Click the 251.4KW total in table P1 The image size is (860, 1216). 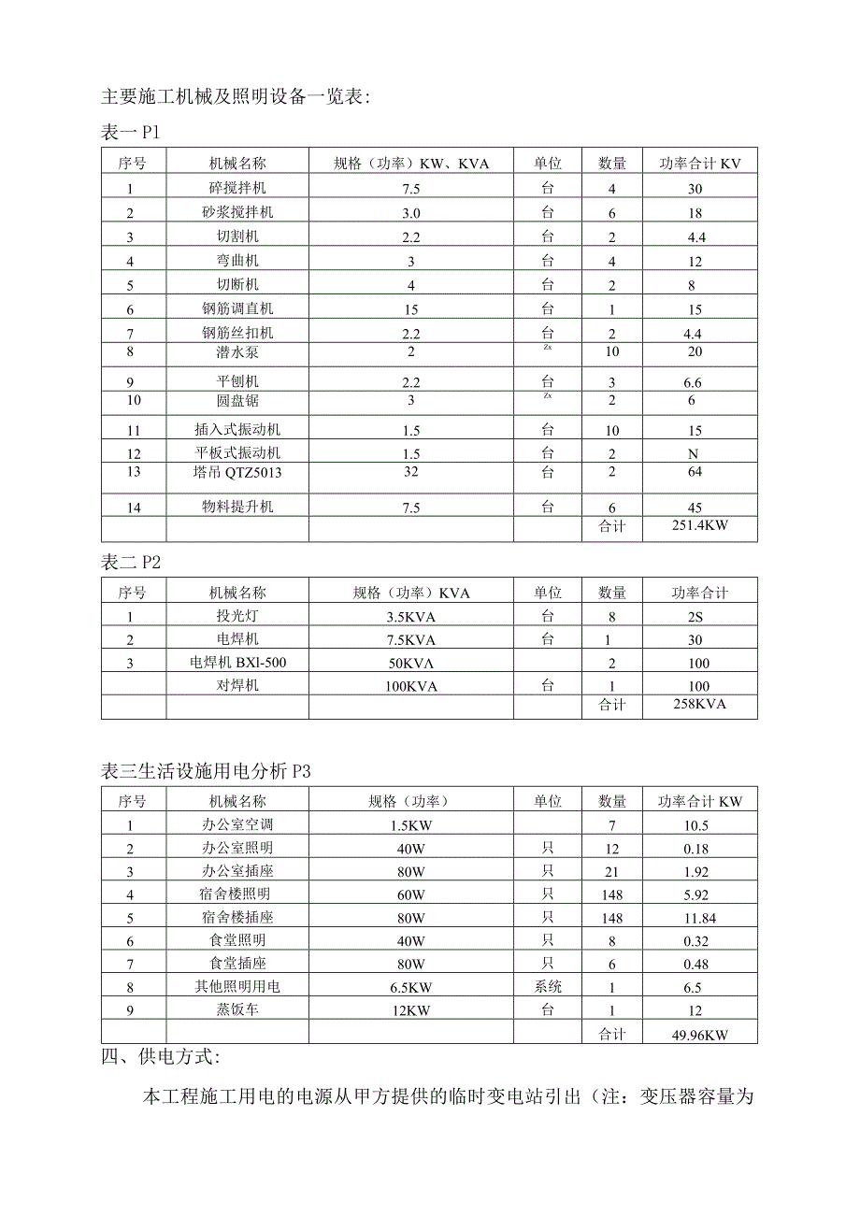(699, 526)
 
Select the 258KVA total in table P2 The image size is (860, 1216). (699, 704)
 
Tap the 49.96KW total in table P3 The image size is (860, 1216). (699, 1034)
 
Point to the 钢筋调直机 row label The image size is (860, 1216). (237, 308)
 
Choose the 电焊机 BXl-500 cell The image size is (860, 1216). (237, 663)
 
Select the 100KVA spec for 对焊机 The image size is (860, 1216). (411, 686)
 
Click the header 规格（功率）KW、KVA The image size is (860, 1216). (411, 164)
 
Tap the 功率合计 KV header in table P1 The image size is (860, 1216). (699, 164)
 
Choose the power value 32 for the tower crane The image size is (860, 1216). (411, 472)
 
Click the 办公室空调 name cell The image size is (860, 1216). (237, 824)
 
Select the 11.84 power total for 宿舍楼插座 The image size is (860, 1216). (699, 917)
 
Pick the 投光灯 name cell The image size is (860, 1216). (237, 616)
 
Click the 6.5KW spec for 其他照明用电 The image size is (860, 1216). (411, 987)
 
